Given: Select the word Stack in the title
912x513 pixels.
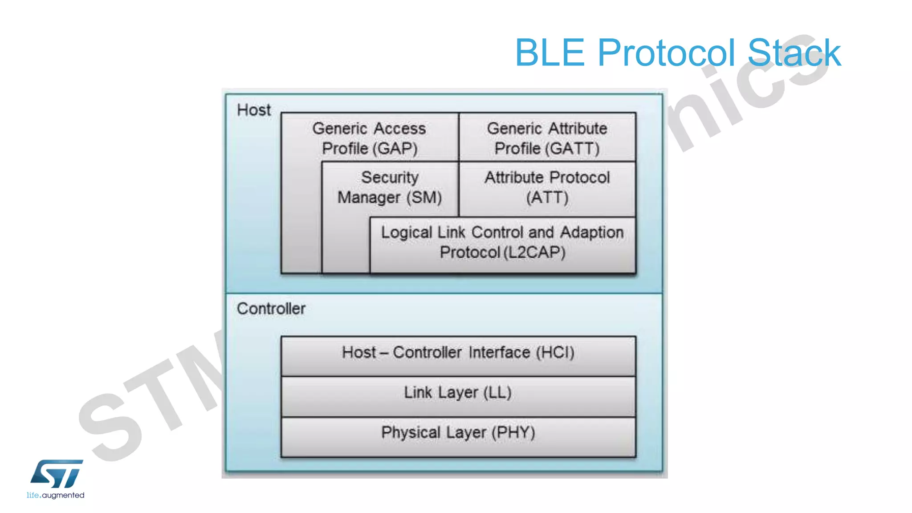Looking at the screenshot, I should coord(794,53).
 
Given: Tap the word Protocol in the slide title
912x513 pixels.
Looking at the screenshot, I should coord(672,53).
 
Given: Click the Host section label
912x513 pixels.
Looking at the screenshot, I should coord(254,110).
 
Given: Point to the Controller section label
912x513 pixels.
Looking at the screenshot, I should coord(271,309).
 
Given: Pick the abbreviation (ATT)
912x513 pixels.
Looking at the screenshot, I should coord(547,197).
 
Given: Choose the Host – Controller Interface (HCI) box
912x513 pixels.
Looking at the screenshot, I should coord(458,355).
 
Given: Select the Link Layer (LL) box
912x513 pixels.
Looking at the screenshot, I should coord(458,395).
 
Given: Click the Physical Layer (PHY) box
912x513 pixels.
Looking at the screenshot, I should coord(458,436).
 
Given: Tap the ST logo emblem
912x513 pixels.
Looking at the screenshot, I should coord(57,474).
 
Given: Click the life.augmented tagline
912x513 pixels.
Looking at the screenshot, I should coord(55,495).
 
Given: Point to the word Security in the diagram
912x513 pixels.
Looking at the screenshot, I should coord(390,177).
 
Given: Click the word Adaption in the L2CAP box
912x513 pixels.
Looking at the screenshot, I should coord(592,232).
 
